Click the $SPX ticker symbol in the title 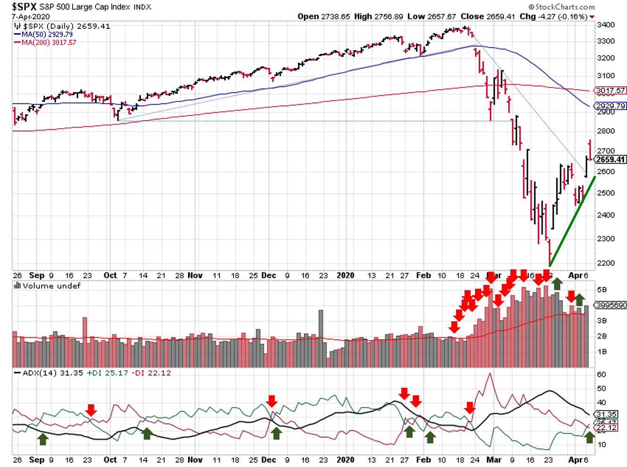[24, 7]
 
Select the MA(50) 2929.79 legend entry [47, 34]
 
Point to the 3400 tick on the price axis [606, 25]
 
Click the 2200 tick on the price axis [606, 263]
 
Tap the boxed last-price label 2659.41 [610, 159]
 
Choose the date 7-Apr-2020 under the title [31, 17]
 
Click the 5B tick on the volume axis [602, 290]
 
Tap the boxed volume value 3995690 [611, 305]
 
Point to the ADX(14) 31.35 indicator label [52, 373]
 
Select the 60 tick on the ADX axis [602, 375]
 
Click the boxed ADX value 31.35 [606, 414]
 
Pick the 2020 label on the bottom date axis [345, 459]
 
